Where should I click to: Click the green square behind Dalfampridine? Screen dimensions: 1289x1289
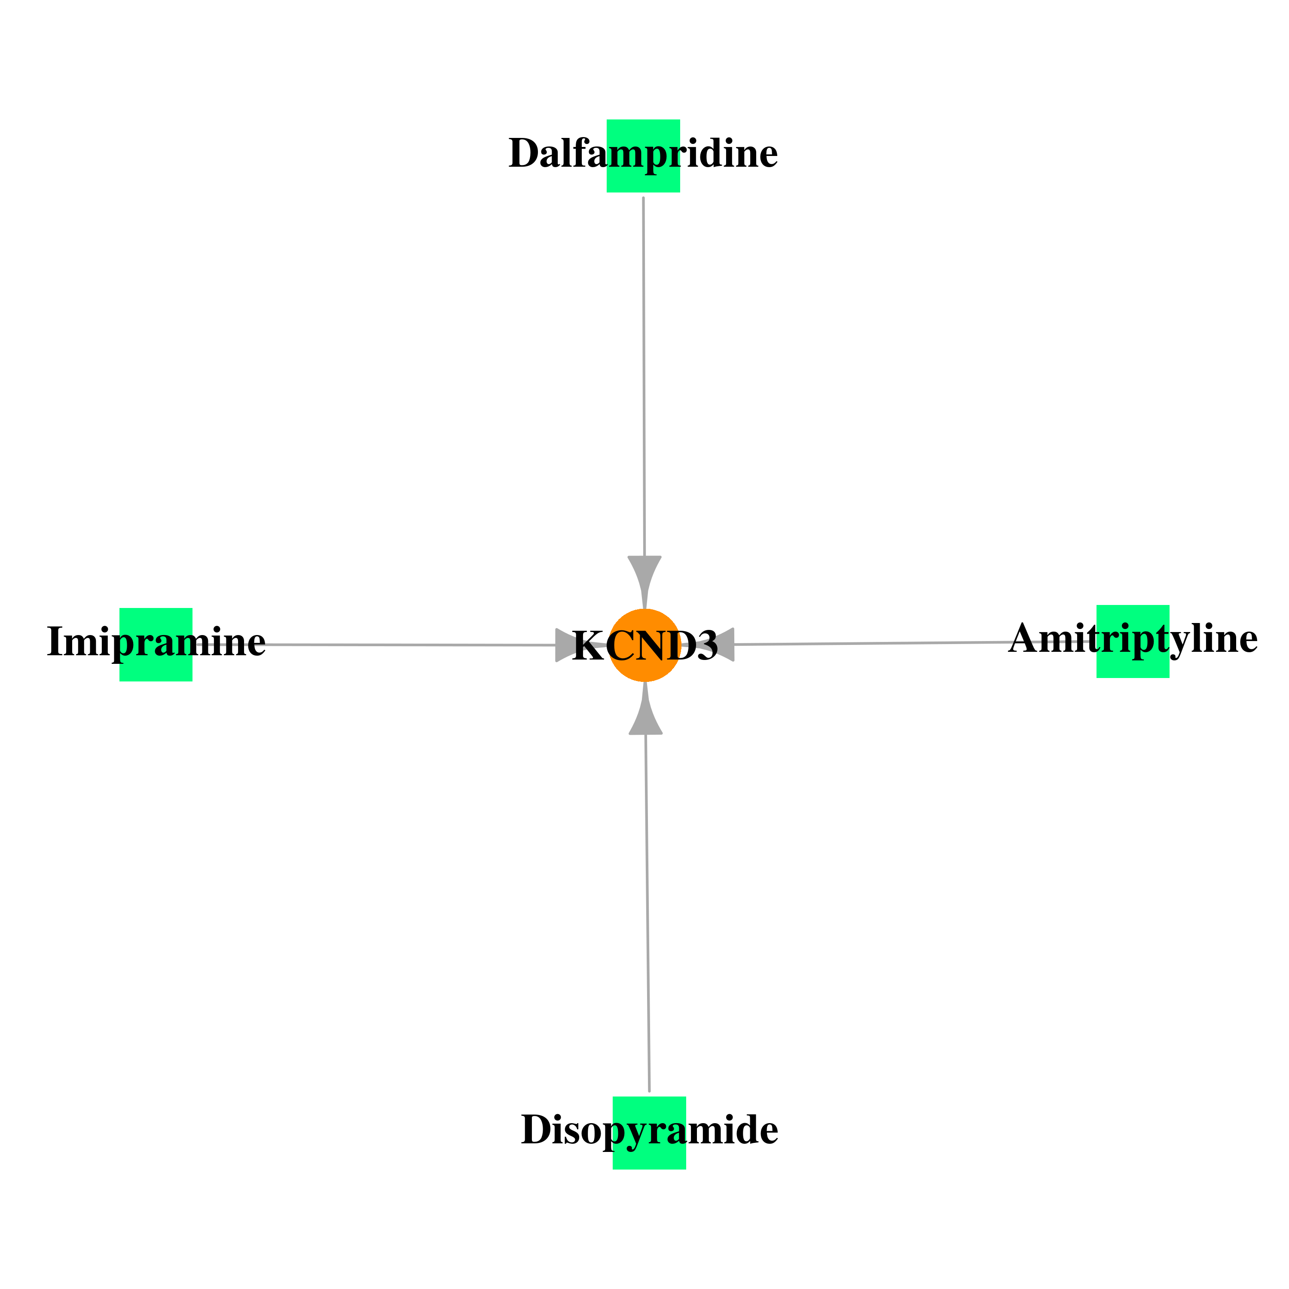coord(643,156)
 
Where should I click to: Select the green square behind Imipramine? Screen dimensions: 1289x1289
coord(156,644)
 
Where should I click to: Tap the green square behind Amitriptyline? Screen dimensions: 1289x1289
coord(1133,641)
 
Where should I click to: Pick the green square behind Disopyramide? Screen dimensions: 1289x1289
coord(649,1133)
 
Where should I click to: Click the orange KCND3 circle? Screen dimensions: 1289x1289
coord(645,645)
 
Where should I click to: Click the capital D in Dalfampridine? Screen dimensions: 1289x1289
coord(524,153)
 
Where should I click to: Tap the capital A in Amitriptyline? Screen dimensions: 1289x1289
coord(1024,638)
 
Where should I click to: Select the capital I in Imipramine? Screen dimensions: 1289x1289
coord(55,642)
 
